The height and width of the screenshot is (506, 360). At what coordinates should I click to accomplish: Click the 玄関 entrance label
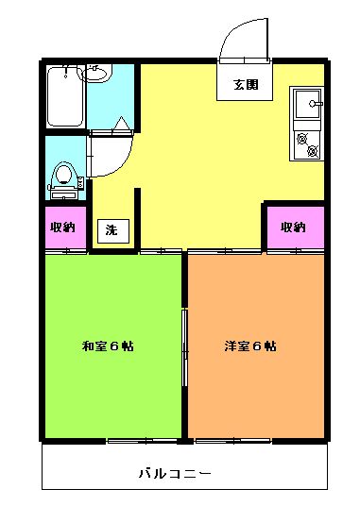click(246, 85)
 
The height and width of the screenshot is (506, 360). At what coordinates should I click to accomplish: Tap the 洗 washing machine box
click(113, 230)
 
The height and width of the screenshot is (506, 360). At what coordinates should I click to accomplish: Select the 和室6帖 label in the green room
click(108, 346)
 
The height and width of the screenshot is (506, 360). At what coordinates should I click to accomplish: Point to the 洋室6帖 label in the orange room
click(250, 346)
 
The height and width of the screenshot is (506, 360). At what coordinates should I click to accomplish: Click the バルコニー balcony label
click(176, 473)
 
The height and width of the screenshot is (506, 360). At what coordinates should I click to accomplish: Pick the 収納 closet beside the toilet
click(65, 228)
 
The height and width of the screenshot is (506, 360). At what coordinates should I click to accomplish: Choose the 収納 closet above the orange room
click(296, 228)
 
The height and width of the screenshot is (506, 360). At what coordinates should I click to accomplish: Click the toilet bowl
click(63, 175)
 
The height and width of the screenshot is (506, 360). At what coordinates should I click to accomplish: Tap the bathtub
click(65, 96)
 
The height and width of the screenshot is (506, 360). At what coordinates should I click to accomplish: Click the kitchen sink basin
click(307, 104)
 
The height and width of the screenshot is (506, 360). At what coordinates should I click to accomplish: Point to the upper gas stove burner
click(301, 139)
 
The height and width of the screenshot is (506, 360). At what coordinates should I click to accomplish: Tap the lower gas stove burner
click(313, 150)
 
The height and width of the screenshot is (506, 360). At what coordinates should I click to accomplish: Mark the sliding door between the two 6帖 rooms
click(184, 347)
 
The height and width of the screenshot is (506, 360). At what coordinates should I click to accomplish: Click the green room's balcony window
click(143, 441)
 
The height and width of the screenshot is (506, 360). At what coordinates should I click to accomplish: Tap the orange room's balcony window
click(233, 441)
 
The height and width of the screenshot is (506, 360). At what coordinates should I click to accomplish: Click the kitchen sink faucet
click(316, 104)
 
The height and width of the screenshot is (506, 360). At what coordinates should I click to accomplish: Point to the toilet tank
click(63, 194)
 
